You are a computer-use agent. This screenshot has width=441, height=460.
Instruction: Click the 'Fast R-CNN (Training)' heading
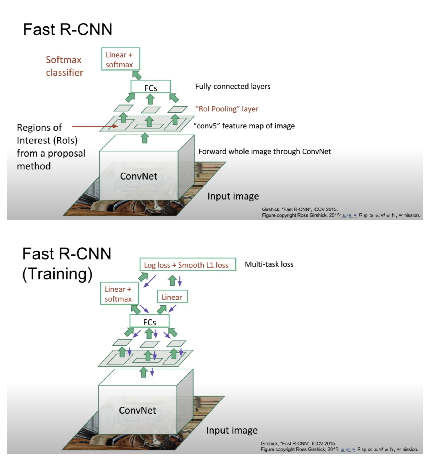[x=67, y=264]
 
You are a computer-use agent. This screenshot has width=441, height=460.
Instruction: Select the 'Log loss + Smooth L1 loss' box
[x=188, y=264]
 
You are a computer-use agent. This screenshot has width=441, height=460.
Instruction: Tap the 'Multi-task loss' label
[x=269, y=264]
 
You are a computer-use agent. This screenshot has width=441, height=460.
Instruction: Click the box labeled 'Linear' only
[x=172, y=297]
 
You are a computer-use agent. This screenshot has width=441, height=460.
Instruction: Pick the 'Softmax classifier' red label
[x=64, y=66]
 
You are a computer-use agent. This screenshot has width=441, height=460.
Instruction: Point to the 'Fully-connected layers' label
[x=233, y=87]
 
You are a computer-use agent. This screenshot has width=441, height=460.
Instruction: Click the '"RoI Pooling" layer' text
[x=227, y=109]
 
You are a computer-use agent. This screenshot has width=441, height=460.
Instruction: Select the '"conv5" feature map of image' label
[x=244, y=126]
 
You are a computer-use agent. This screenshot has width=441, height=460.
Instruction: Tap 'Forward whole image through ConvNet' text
[x=264, y=151]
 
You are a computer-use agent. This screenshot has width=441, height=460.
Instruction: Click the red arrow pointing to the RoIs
[x=95, y=126]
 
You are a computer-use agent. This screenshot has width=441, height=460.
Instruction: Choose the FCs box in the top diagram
[x=150, y=87]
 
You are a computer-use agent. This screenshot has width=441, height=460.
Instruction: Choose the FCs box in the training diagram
[x=149, y=321]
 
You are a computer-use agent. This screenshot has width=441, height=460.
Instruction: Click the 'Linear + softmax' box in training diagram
[x=119, y=294]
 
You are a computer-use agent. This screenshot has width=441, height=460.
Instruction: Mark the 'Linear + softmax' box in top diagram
[x=120, y=59]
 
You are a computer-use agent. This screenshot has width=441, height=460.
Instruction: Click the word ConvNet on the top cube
[x=138, y=176]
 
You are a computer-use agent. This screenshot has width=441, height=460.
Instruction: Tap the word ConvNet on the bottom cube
[x=137, y=410]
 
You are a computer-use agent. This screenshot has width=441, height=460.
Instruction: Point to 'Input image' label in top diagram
[x=233, y=196]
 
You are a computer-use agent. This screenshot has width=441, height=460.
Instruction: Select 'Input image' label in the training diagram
[x=232, y=430]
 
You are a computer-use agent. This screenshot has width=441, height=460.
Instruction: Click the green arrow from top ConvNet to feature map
[x=145, y=138]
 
